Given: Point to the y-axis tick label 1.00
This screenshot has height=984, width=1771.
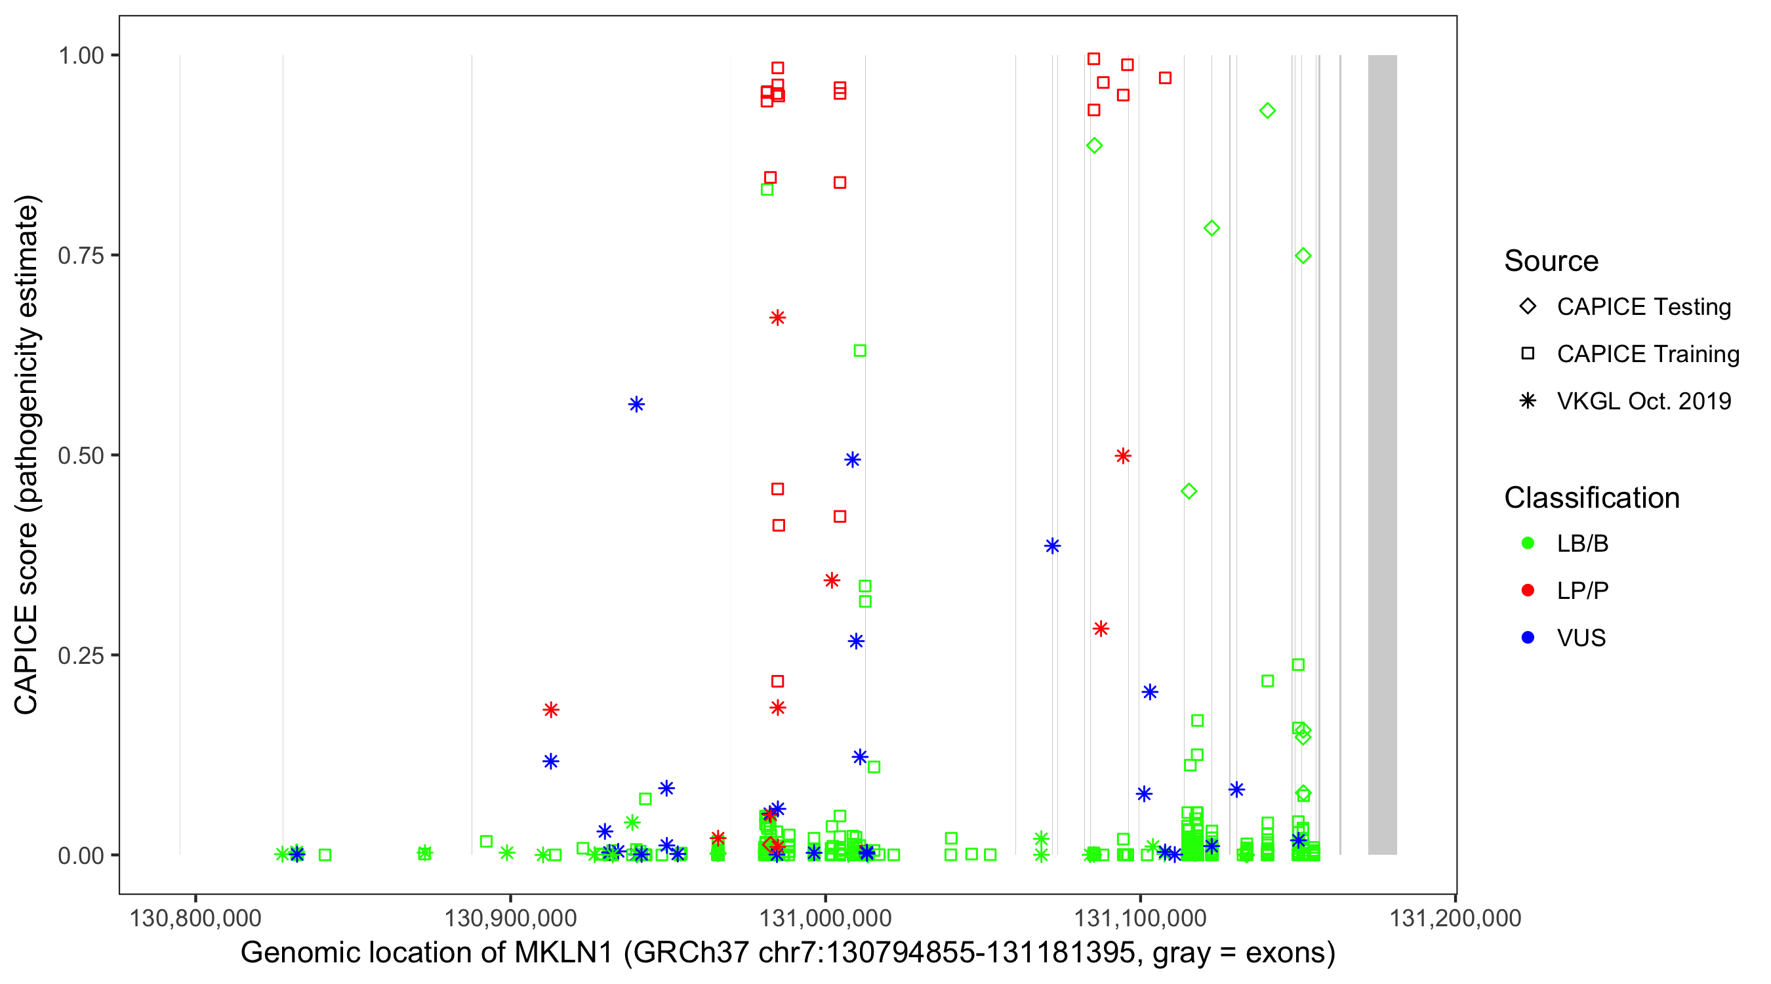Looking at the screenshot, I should pos(81,56).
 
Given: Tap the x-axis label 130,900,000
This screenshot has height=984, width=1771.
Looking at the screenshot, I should pos(510,918).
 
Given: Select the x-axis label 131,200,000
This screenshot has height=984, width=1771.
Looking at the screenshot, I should pos(1455,918).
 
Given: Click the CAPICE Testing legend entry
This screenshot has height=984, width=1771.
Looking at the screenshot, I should pos(1643,307).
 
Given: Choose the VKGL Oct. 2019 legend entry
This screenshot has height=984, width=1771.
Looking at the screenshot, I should pos(1643,401).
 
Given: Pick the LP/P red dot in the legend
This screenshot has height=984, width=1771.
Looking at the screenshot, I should pos(1528,590).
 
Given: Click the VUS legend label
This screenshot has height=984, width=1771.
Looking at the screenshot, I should pos(1581,638).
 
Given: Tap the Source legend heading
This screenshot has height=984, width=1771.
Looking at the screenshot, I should pos(1551,261).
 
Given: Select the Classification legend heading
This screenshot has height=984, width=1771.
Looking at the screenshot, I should pos(1591,498).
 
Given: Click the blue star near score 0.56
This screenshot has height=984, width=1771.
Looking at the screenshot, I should pos(637,404).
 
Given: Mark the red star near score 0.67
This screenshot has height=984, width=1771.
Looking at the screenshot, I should pos(777,318).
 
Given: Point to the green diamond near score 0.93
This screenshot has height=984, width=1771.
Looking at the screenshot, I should pos(1268,111).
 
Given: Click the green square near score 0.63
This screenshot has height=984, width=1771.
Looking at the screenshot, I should pos(859,351).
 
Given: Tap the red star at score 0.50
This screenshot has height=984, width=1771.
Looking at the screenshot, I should pos(1124,456).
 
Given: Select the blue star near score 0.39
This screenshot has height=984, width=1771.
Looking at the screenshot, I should pos(1053,546).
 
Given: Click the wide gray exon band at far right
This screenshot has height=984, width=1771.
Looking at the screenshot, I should pos(1382,454).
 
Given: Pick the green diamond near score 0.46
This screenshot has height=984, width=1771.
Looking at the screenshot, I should pos(1189,491).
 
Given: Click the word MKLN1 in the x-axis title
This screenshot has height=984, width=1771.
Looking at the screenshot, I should pos(563,953).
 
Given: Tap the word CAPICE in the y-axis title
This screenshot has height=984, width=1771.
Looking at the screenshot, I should pos(26,659).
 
